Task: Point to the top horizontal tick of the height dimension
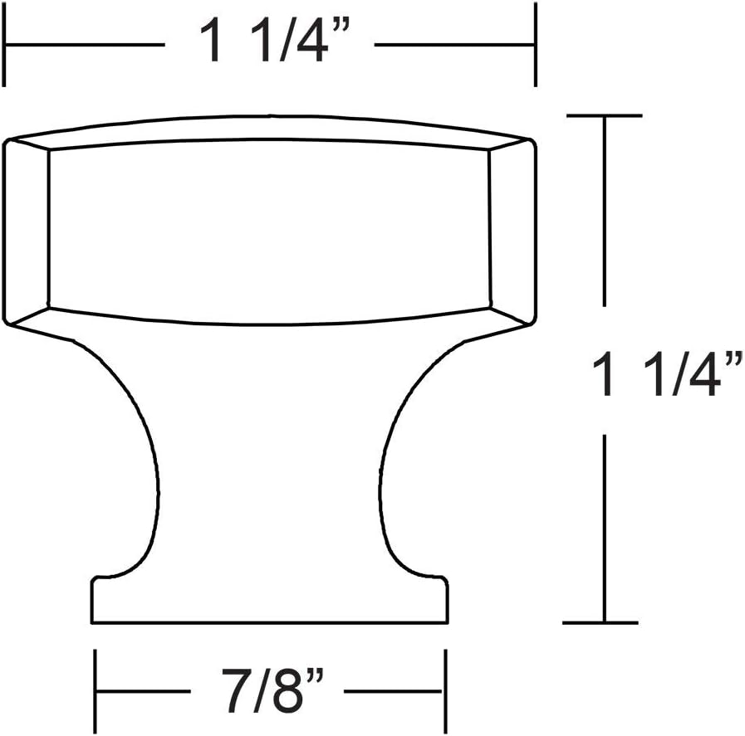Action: pos(604,116)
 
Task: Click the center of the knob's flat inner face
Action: pos(267,228)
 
